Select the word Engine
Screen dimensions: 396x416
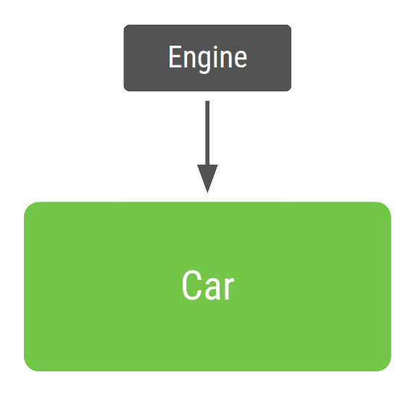pos(207,58)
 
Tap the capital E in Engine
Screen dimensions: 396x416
pos(174,57)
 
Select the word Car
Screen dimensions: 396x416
pos(207,286)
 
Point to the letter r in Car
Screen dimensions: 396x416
pos(228,289)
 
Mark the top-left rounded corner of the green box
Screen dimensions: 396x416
pos(30,207)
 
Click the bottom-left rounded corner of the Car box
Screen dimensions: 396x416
pos(30,366)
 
